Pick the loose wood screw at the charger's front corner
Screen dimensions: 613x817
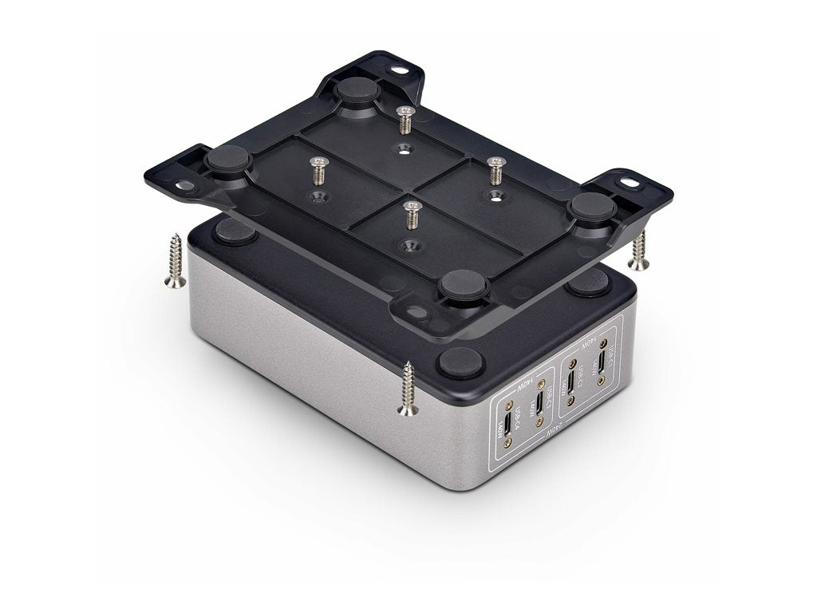408,389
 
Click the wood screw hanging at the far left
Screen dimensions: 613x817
175,260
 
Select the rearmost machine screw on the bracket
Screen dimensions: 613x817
405,119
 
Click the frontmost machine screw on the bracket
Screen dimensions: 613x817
412,215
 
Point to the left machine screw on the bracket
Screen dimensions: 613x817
318,171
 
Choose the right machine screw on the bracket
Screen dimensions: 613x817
496,170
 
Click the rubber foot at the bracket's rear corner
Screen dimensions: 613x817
357,90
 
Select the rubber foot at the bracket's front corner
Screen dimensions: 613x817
464,285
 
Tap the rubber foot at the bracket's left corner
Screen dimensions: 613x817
228,160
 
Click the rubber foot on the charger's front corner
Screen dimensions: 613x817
460,362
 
